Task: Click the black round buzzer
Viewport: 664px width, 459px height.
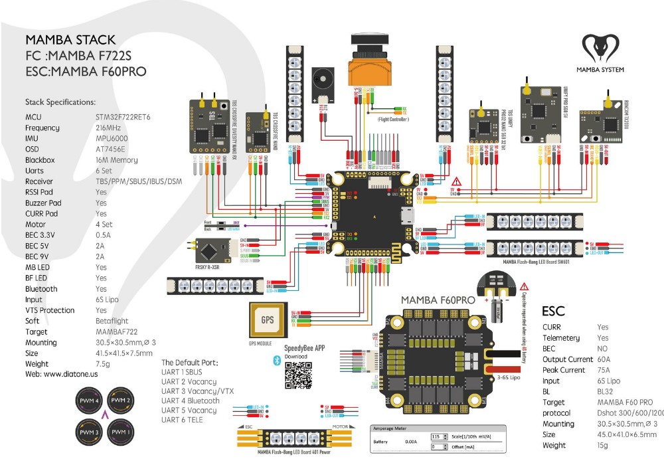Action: click(x=323, y=83)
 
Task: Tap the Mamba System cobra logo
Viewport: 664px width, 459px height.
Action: click(x=600, y=50)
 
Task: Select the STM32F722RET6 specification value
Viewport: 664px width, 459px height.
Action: click(x=123, y=117)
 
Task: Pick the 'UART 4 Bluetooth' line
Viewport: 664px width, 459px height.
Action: click(x=190, y=401)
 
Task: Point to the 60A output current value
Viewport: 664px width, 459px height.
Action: click(x=604, y=359)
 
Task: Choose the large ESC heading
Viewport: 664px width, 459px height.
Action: click(x=554, y=311)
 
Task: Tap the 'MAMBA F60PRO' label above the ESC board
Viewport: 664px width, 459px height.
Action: click(x=438, y=300)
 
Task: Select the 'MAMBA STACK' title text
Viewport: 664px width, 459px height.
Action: click(x=70, y=40)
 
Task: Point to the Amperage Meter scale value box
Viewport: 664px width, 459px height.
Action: click(x=436, y=436)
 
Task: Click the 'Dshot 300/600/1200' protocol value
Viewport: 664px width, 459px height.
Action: click(x=629, y=413)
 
